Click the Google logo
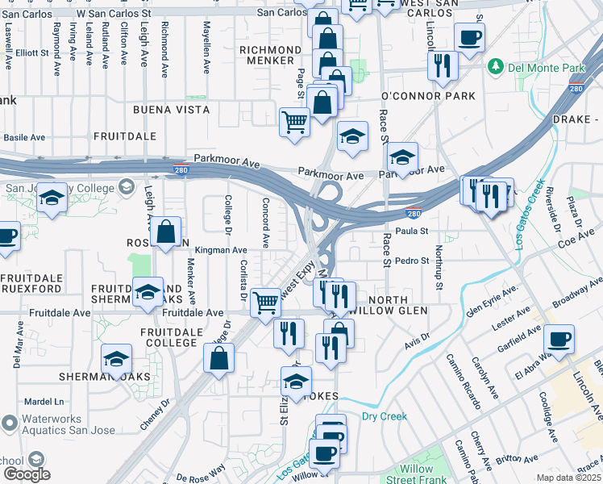click(x=26, y=474)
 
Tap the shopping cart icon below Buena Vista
click(x=294, y=123)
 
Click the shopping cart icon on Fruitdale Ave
click(x=265, y=303)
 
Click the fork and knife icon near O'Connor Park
click(x=443, y=65)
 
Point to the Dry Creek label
click(x=384, y=417)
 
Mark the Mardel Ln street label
click(x=44, y=401)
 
